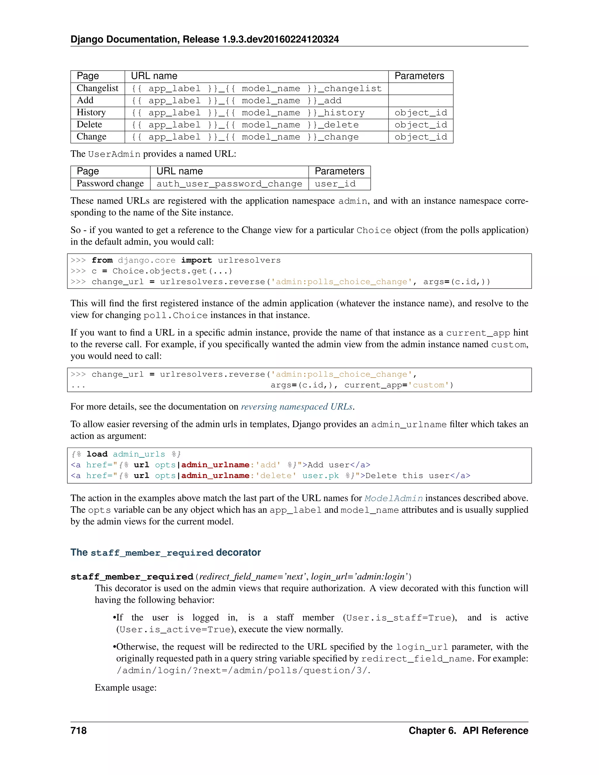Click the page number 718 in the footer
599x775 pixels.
(78, 730)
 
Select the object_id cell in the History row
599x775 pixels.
(421, 113)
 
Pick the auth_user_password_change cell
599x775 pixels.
(229, 184)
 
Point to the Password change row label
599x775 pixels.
(110, 183)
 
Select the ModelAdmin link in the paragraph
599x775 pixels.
(394, 498)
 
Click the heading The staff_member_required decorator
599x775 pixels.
(165, 552)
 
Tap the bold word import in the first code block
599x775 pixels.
(196, 261)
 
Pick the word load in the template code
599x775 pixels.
(97, 454)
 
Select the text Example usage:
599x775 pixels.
(125, 688)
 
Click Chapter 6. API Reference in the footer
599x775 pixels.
(468, 730)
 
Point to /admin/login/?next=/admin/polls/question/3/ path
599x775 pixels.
(243, 670)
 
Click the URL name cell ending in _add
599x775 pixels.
(236, 101)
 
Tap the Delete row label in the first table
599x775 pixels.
(89, 125)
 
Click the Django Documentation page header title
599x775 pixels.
(204, 39)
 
